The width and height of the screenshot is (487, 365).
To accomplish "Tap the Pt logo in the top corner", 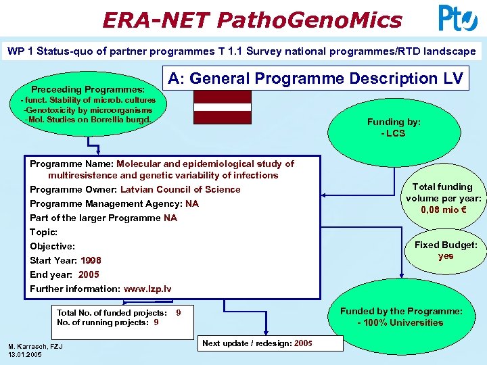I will (458, 18).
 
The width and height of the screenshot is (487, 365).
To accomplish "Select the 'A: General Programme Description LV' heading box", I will (315, 78).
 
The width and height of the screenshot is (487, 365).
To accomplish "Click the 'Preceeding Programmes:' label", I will (88, 89).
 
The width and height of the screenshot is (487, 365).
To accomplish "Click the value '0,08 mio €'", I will (444, 210).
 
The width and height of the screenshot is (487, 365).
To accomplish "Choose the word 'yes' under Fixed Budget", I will (445, 256).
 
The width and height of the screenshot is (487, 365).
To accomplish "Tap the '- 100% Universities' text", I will (401, 322).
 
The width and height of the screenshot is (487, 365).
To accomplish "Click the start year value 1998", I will (91, 260).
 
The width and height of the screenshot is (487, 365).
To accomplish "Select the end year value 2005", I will (89, 274).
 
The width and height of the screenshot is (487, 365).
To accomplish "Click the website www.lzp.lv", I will (145, 289).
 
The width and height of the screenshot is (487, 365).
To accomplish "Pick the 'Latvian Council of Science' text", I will (180, 189).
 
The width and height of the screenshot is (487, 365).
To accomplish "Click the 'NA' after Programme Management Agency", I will (192, 203).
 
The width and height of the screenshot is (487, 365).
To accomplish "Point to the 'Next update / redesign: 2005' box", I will (257, 343).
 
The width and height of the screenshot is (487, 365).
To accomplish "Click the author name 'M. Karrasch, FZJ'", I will (35, 347).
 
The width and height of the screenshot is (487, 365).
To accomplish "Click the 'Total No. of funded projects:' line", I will (112, 313).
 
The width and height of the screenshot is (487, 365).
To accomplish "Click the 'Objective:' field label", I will (52, 246).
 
